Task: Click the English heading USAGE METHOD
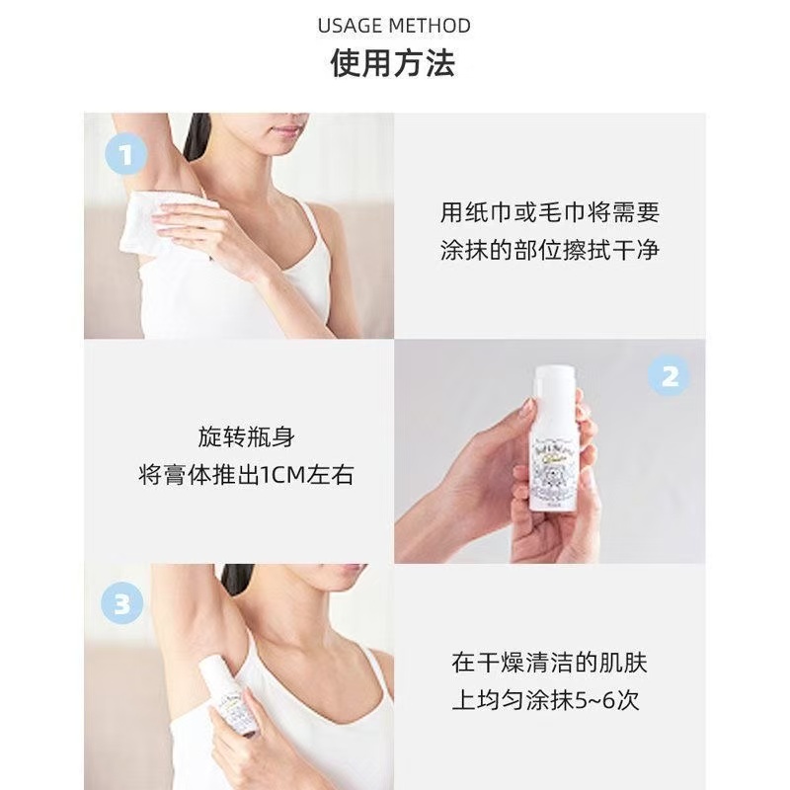tap(394, 26)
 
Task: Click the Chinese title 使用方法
tap(393, 64)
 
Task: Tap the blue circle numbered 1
tap(125, 155)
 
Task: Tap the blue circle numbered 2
tap(669, 376)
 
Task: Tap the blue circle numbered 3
tap(121, 603)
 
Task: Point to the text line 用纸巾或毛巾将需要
tap(549, 212)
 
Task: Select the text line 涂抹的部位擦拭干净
tap(549, 250)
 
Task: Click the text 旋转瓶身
tap(245, 437)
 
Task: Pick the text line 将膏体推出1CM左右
tap(245, 476)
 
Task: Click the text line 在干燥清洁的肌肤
tap(549, 664)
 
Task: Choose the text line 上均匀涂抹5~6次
tap(546, 701)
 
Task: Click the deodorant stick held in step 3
tap(228, 697)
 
